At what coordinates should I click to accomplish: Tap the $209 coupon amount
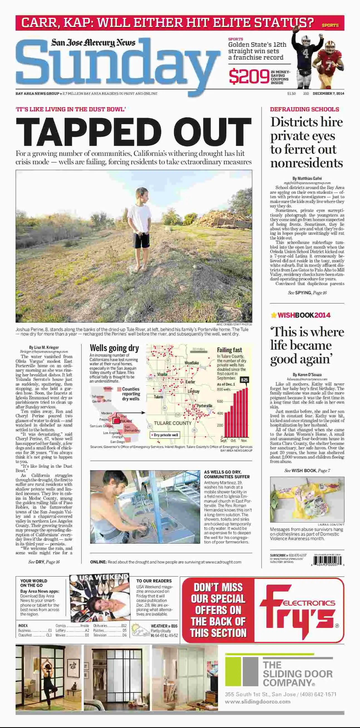(x=249, y=77)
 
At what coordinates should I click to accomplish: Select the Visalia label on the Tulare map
(x=162, y=374)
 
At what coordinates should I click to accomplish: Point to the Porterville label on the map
(x=204, y=406)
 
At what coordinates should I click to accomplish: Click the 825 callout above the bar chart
(x=244, y=379)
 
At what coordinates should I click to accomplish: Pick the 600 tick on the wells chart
(x=220, y=401)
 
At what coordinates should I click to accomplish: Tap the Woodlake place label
(x=192, y=363)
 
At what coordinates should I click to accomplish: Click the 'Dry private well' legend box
(x=165, y=435)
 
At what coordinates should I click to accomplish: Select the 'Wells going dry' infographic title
(x=114, y=348)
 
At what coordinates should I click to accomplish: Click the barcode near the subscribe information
(x=328, y=560)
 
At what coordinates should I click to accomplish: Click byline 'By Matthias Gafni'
(x=307, y=178)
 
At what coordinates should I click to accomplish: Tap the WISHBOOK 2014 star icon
(x=273, y=315)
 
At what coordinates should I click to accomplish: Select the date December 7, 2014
(x=328, y=94)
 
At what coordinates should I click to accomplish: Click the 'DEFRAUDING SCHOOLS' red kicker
(x=304, y=109)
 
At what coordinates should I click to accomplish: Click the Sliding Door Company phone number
(x=318, y=694)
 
